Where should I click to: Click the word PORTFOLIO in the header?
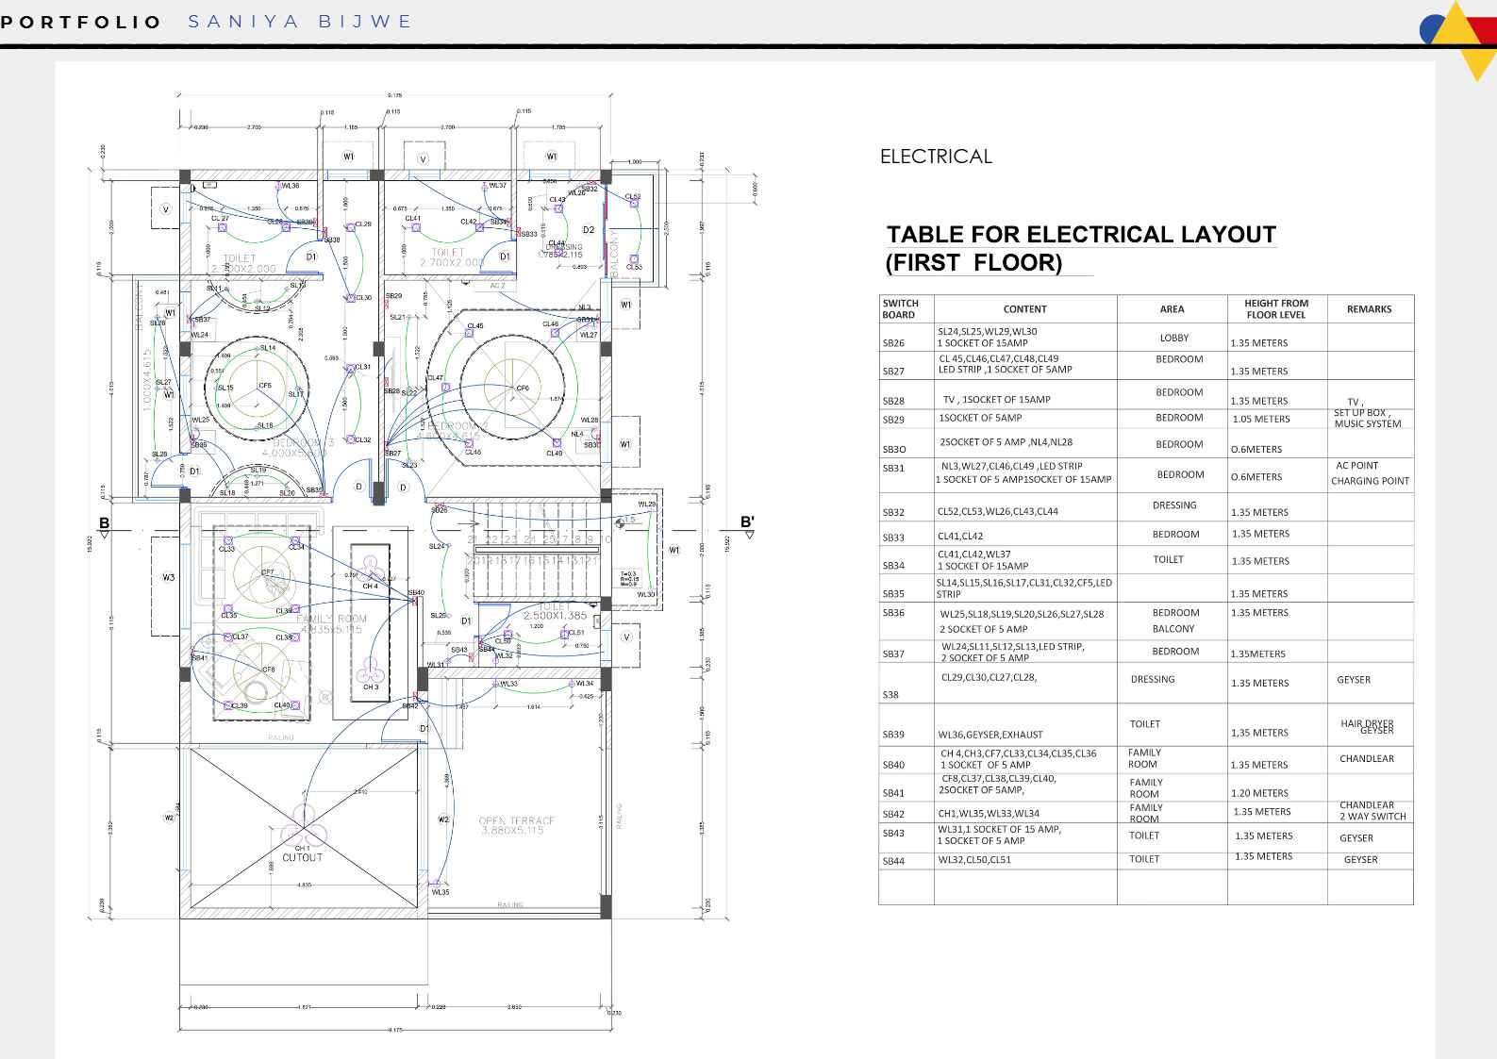click(81, 22)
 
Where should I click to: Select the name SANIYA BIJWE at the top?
click(300, 22)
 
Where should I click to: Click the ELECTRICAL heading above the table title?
click(935, 157)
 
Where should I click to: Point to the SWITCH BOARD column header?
click(900, 309)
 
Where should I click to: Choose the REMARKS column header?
click(1369, 309)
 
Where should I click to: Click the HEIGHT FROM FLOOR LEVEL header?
click(1275, 309)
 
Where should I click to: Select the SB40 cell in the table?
click(893, 765)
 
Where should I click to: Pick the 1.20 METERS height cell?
click(1258, 793)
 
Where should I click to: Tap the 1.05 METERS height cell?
click(1260, 419)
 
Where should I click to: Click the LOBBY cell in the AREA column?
click(1173, 338)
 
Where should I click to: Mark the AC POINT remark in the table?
click(1356, 466)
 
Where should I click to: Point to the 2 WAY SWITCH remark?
click(1372, 817)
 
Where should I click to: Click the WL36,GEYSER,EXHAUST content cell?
click(990, 735)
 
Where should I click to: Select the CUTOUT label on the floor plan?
click(302, 858)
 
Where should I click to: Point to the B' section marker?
click(747, 521)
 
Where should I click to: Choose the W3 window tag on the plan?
click(168, 577)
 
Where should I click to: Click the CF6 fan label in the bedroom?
click(523, 389)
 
